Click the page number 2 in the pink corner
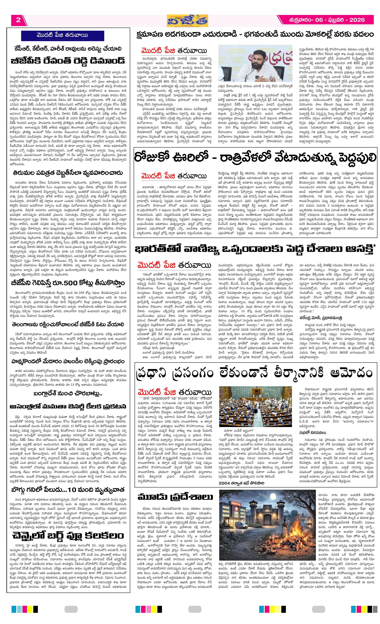point(18,20)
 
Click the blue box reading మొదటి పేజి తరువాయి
point(62,35)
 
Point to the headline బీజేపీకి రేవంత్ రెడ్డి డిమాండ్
point(68,61)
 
